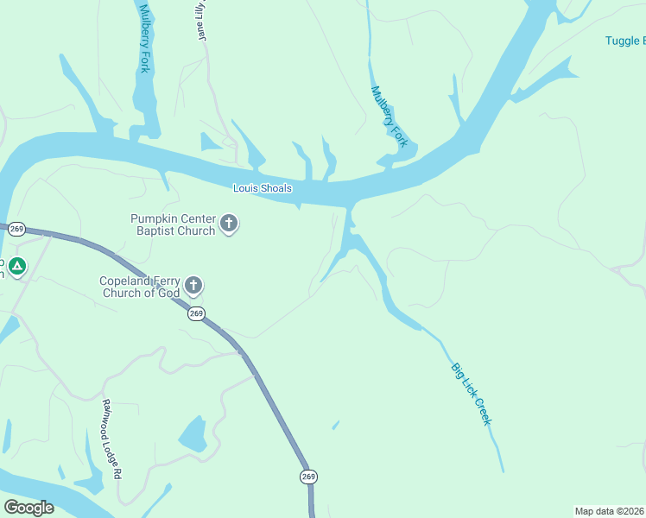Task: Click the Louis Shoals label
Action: click(263, 188)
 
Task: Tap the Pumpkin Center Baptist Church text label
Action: click(173, 224)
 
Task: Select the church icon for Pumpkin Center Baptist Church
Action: click(229, 224)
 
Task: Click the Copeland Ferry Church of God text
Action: click(141, 287)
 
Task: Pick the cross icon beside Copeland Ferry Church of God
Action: click(193, 286)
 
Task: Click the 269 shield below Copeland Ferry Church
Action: click(196, 314)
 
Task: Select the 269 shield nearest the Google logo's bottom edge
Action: click(309, 477)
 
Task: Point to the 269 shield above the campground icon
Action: click(16, 230)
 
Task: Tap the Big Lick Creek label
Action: click(471, 393)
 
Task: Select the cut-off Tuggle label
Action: click(623, 41)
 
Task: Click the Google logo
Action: click(28, 508)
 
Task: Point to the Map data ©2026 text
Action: click(610, 511)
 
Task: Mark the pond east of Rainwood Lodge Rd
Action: click(192, 434)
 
